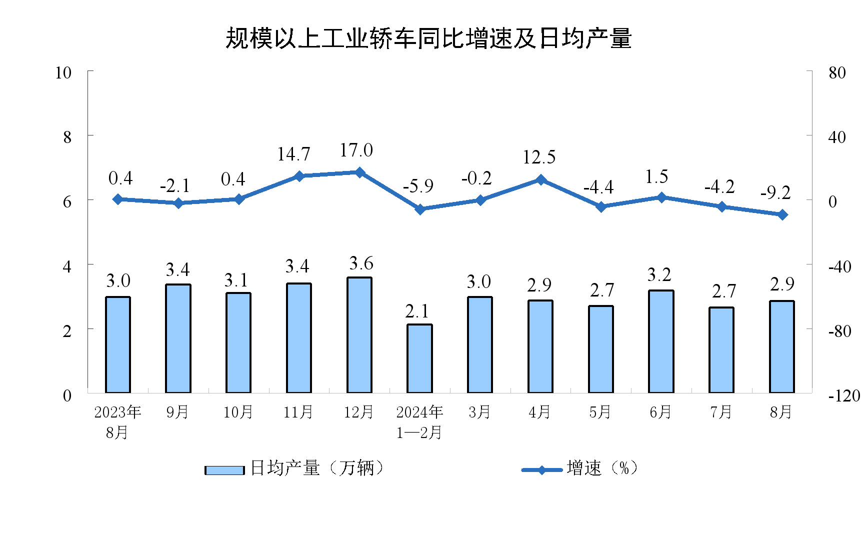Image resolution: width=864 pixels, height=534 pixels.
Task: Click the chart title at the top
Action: pyautogui.click(x=428, y=38)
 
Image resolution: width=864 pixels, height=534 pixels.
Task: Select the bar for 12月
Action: pyautogui.click(x=359, y=335)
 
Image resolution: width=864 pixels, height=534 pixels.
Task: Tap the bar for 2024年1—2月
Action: pyautogui.click(x=419, y=358)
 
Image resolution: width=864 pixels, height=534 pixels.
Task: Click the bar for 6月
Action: pyautogui.click(x=661, y=341)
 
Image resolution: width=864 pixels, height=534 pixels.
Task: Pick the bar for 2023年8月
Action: pyautogui.click(x=118, y=345)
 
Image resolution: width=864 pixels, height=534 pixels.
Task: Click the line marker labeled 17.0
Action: pyautogui.click(x=359, y=172)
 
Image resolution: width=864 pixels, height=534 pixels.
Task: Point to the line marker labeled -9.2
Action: pyautogui.click(x=782, y=214)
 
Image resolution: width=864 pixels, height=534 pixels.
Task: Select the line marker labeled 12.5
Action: pyautogui.click(x=540, y=179)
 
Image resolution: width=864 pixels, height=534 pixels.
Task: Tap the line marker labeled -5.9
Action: pyautogui.click(x=420, y=209)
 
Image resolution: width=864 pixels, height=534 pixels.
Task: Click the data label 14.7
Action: pyautogui.click(x=293, y=154)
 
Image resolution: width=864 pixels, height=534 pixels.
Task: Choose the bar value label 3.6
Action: pyautogui.click(x=361, y=263)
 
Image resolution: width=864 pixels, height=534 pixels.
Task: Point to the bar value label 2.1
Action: pyautogui.click(x=417, y=311)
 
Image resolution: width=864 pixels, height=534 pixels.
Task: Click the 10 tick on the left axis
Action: pyautogui.click(x=63, y=73)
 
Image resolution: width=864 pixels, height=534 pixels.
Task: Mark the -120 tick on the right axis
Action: pyautogui.click(x=844, y=396)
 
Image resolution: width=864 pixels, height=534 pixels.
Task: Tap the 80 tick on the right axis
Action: pyautogui.click(x=837, y=73)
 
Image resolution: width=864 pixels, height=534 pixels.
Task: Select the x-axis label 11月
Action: pyautogui.click(x=298, y=412)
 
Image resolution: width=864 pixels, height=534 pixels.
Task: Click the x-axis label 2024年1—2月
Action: pyautogui.click(x=419, y=422)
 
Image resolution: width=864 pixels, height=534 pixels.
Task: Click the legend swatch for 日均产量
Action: pyautogui.click(x=224, y=470)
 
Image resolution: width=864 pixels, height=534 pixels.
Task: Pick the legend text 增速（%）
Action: pyautogui.click(x=602, y=468)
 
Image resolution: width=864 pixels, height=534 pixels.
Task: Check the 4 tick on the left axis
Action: pyautogui.click(x=67, y=266)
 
